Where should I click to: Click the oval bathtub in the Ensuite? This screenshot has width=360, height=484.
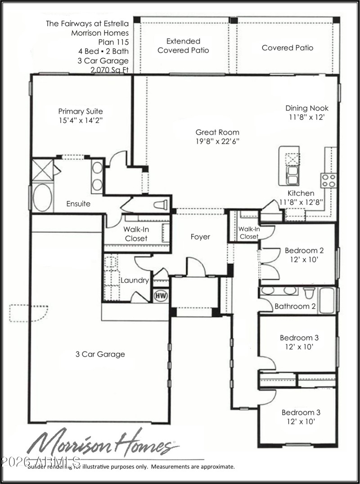[x=43, y=197]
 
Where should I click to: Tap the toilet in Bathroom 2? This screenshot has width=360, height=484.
[x=309, y=293]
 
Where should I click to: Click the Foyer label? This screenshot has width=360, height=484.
[x=200, y=237]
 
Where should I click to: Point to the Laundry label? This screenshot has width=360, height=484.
[x=135, y=280]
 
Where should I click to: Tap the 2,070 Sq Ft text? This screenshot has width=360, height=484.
[x=109, y=70]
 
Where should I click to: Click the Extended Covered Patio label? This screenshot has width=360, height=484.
[x=183, y=45]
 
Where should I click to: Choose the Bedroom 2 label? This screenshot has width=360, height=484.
[x=304, y=251]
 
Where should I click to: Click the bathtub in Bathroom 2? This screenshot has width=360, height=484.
[x=327, y=299]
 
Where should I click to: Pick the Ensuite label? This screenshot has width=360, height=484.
[x=78, y=204]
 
